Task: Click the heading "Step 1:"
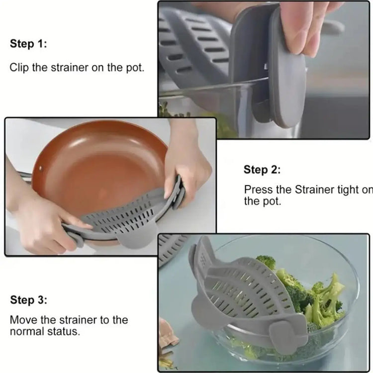(28, 44)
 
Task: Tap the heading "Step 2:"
(262, 170)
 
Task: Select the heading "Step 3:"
(28, 300)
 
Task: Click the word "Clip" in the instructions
(19, 68)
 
